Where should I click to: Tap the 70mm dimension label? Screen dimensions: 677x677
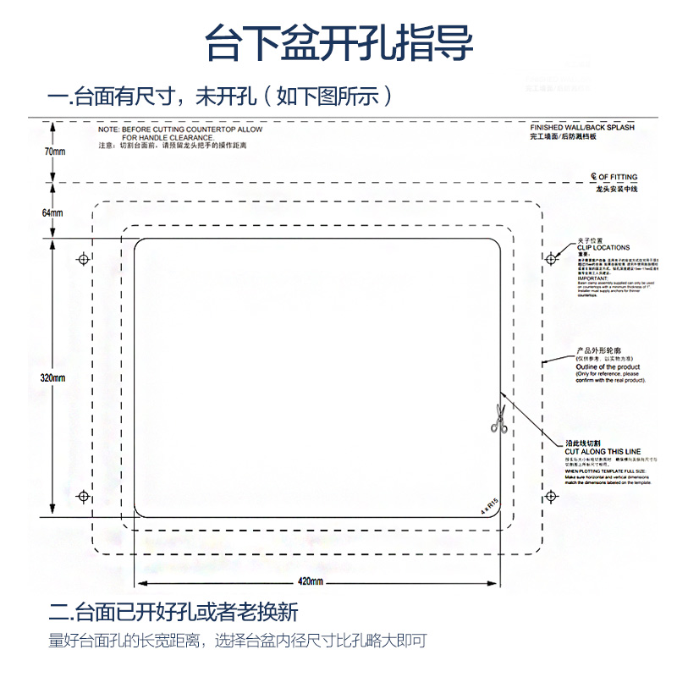53,151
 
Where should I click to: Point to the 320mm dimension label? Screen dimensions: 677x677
53,377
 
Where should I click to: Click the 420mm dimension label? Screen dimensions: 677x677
311,581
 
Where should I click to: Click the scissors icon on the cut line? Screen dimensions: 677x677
498,420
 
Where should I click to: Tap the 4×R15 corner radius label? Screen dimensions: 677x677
489,504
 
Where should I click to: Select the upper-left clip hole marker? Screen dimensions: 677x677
83,258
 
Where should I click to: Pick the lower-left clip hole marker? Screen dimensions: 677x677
83,496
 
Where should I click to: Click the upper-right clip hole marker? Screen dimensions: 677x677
551,257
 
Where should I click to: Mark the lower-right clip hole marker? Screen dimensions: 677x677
551,496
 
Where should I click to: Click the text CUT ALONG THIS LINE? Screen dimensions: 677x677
603,452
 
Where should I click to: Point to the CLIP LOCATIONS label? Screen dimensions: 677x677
603,247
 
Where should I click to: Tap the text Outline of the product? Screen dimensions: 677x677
608,366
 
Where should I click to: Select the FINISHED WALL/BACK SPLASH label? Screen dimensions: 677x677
581,127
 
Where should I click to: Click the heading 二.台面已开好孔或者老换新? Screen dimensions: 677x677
173,612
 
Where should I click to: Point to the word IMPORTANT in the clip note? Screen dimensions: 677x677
592,278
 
